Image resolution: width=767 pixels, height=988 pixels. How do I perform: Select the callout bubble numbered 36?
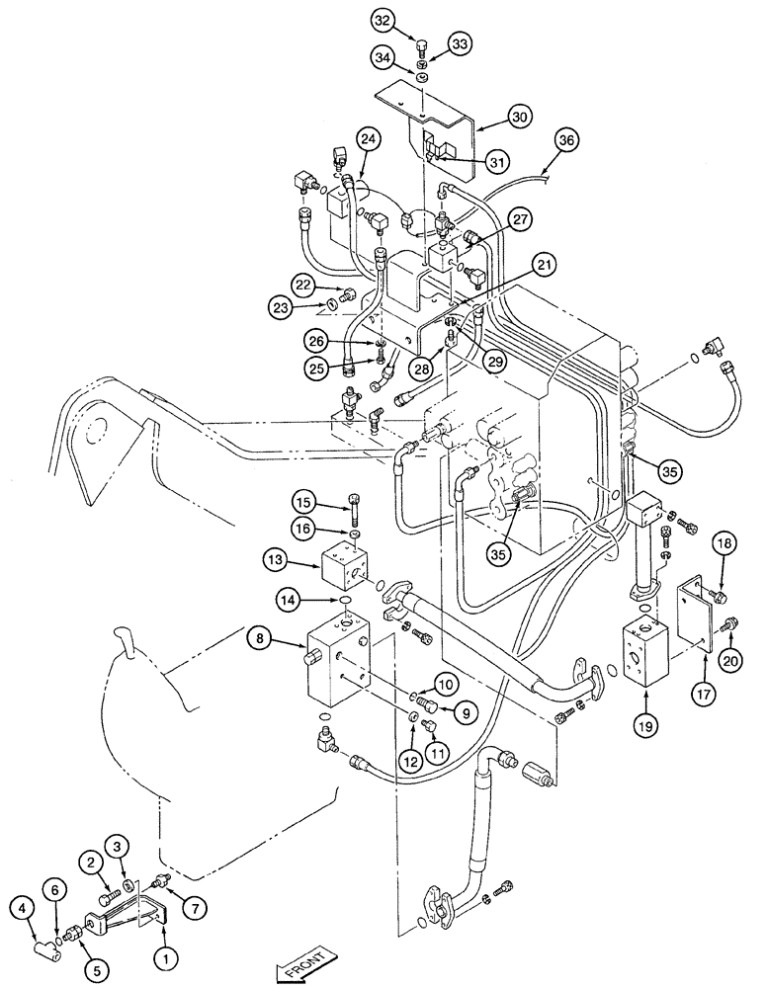565,140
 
